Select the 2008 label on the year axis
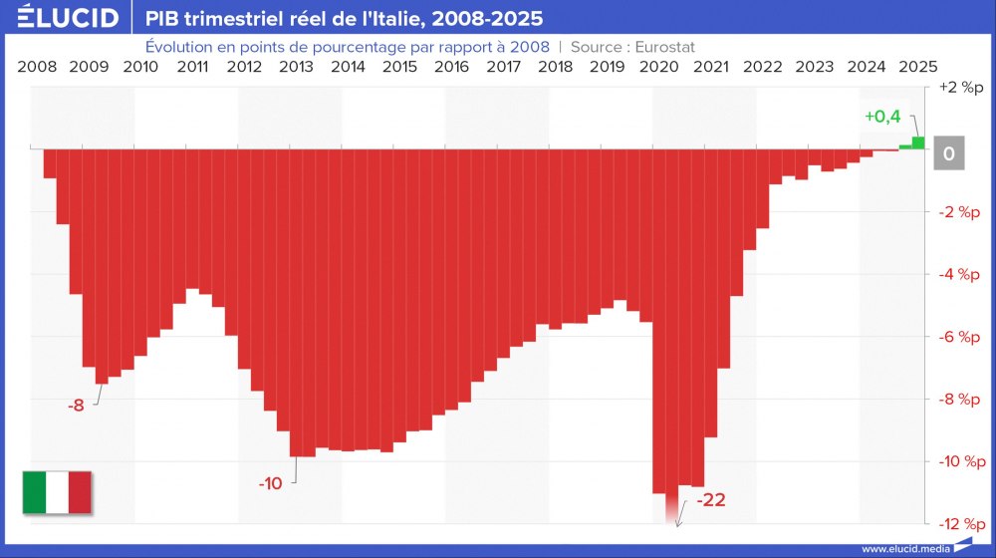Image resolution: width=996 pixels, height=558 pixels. pyautogui.click(x=37, y=67)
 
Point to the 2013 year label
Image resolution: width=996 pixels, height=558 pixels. pyautogui.click(x=296, y=67)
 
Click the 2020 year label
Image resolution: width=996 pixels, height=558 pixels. pyautogui.click(x=658, y=67)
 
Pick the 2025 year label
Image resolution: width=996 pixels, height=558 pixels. pyautogui.click(x=917, y=67)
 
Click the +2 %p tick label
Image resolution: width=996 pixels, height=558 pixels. pyautogui.click(x=959, y=88)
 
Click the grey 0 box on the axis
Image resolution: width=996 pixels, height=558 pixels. pyautogui.click(x=948, y=154)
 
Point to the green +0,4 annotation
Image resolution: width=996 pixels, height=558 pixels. pyautogui.click(x=882, y=117)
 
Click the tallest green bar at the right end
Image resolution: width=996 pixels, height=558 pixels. pyautogui.click(x=918, y=143)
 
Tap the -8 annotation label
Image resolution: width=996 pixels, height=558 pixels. pyautogui.click(x=76, y=406)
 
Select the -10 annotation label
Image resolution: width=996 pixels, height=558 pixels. pyautogui.click(x=270, y=483)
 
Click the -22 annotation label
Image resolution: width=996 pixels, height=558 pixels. pyautogui.click(x=710, y=500)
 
